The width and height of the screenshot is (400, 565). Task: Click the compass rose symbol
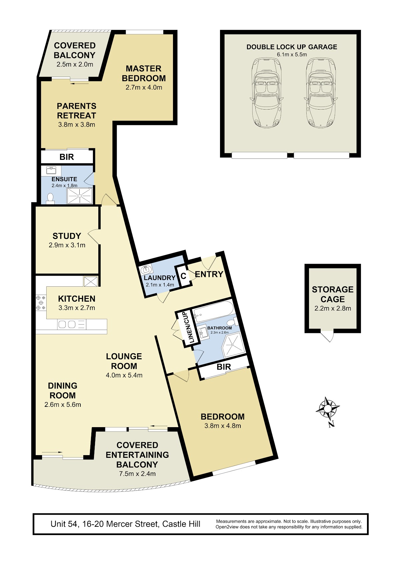[328, 409]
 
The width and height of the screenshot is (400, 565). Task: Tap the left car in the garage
[266, 93]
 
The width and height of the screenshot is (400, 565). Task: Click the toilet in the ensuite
[50, 198]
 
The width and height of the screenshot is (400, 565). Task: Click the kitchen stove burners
[41, 303]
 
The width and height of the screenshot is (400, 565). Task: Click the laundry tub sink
[146, 270]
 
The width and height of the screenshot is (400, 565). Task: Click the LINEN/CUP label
[191, 328]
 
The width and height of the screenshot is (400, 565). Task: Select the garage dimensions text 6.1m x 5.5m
[292, 55]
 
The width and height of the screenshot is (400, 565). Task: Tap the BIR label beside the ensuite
[67, 157]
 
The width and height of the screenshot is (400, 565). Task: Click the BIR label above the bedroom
[224, 367]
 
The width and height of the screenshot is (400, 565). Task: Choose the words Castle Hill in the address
[181, 524]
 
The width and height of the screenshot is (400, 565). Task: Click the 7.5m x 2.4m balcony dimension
[137, 474]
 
